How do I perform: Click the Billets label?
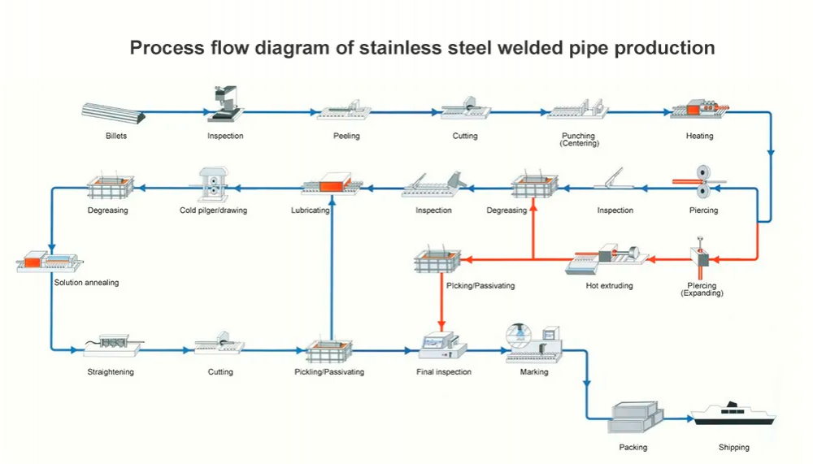click(115, 136)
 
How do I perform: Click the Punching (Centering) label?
click(578, 139)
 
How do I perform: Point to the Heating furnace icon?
click(698, 111)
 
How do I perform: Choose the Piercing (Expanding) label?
click(702, 289)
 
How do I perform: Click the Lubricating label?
click(310, 210)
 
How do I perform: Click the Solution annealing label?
click(86, 283)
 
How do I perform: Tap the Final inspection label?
click(443, 372)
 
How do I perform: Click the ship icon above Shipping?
click(733, 414)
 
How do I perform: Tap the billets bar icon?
click(115, 113)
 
